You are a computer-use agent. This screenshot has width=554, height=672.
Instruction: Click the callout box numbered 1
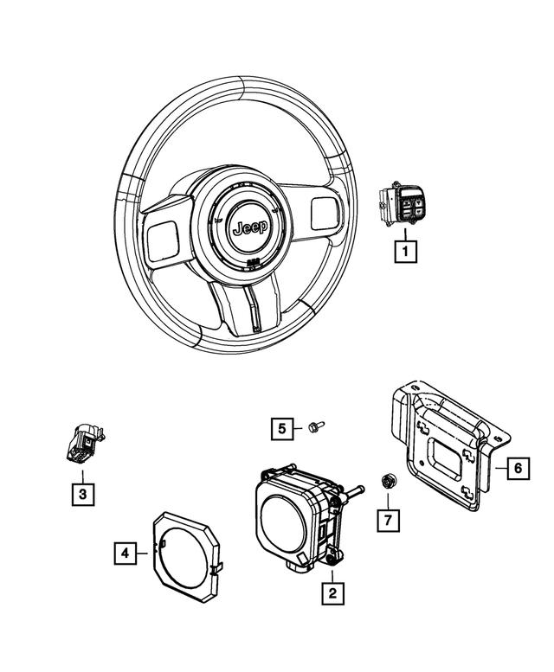(x=404, y=252)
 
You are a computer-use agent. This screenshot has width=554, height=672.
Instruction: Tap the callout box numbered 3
(x=82, y=494)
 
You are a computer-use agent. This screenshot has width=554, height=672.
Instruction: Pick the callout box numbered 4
(x=126, y=551)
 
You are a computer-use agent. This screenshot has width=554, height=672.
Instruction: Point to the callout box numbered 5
(x=282, y=427)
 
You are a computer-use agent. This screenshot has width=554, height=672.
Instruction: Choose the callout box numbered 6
(x=516, y=468)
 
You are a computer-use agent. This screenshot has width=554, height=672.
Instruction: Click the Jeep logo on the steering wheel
(x=250, y=227)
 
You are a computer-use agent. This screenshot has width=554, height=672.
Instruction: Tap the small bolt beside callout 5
(x=314, y=426)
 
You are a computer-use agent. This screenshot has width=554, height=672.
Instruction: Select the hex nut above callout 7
(x=388, y=481)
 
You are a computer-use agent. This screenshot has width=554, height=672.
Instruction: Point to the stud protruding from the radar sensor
(x=353, y=496)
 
